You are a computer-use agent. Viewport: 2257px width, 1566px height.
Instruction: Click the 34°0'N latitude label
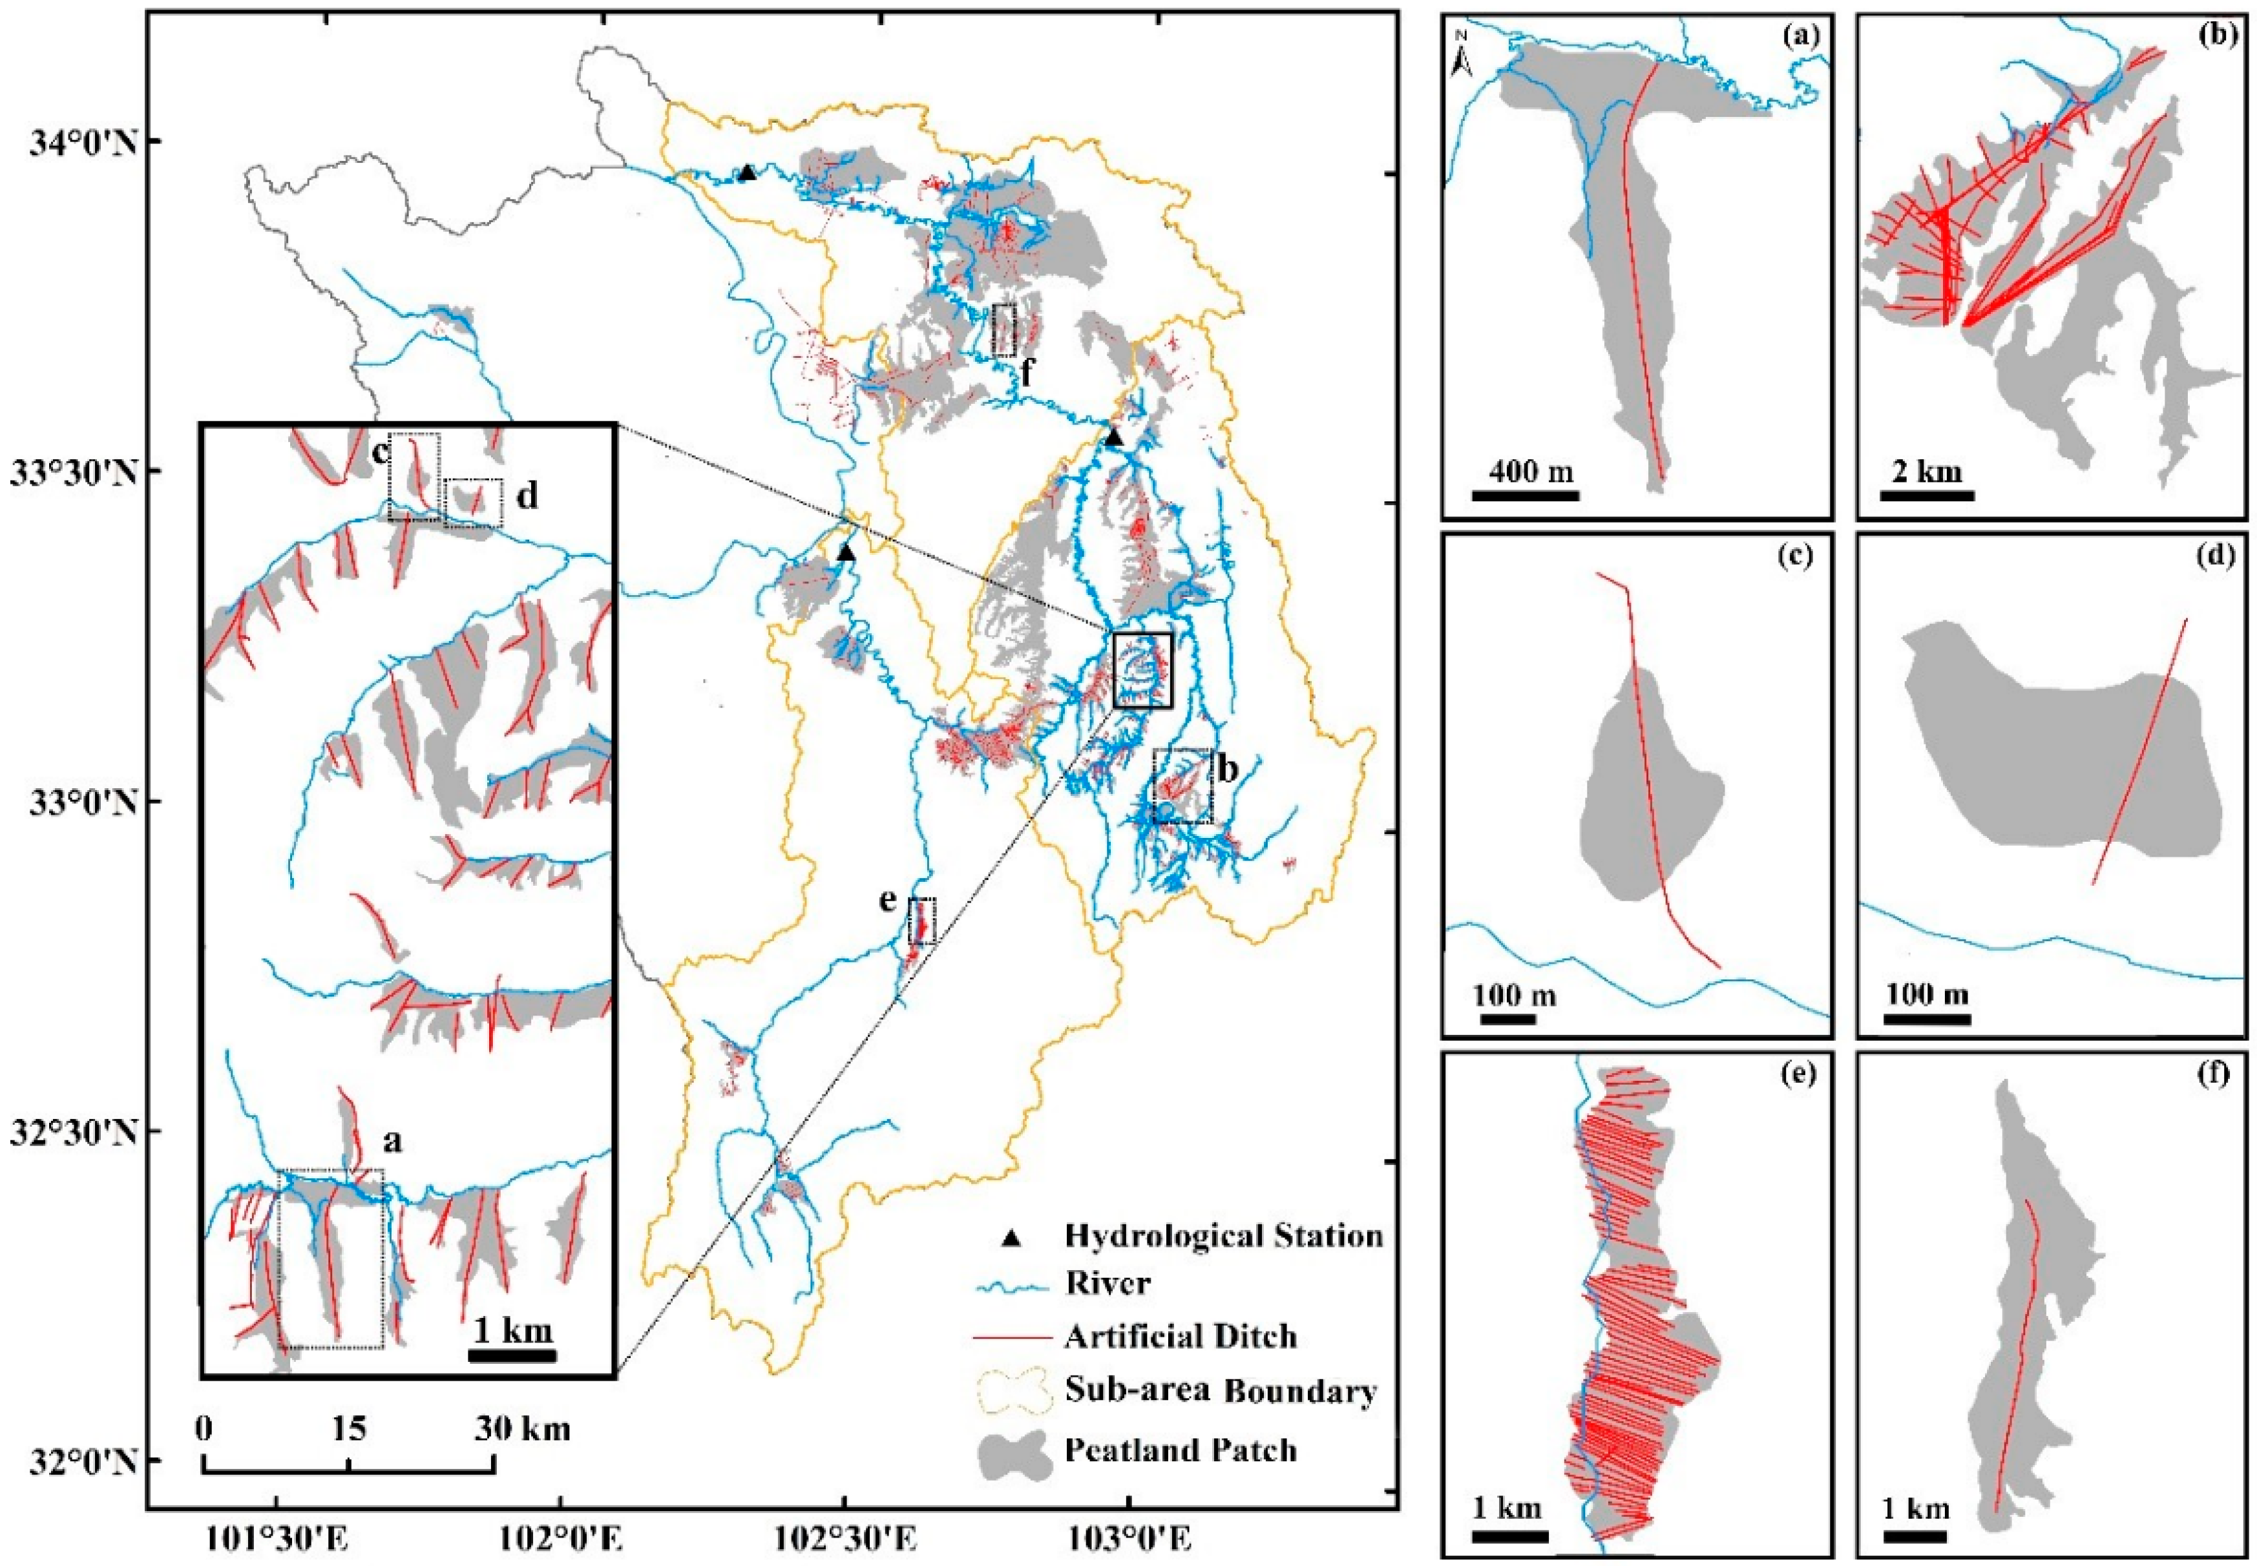(74, 142)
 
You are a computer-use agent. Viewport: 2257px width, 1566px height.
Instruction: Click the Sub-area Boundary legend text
(1220, 1392)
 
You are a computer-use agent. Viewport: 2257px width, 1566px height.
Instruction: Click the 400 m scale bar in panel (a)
(1525, 496)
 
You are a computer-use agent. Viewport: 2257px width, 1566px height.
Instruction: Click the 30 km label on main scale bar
(522, 1428)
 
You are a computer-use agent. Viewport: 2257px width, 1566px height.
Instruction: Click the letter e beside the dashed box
(888, 901)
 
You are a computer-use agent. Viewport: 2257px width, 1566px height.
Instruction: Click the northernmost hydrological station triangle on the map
(747, 172)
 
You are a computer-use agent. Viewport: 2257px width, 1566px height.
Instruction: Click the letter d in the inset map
(527, 497)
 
